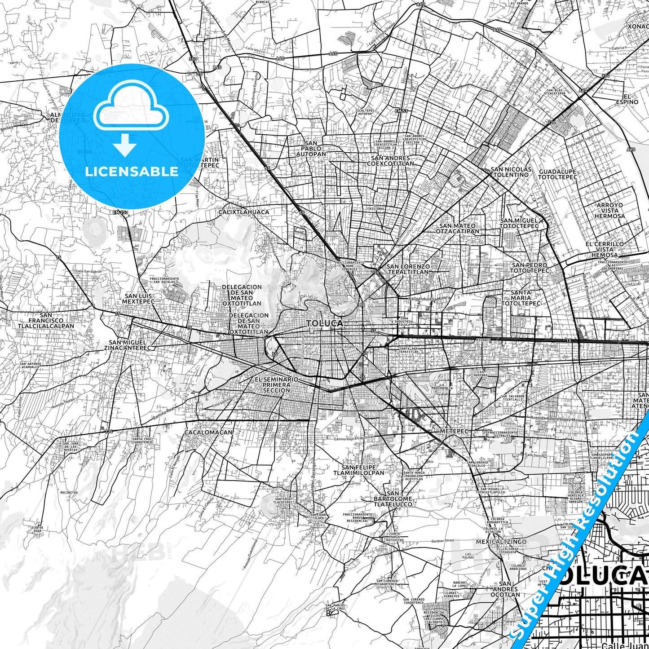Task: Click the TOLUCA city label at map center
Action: click(324, 323)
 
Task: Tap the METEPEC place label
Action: click(454, 431)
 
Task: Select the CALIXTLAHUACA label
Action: click(244, 212)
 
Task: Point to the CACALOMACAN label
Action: click(208, 433)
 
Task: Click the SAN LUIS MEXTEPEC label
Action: click(139, 299)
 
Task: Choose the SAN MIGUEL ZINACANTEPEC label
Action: click(128, 345)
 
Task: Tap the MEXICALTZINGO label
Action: click(501, 542)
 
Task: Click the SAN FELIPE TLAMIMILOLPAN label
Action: click(358, 470)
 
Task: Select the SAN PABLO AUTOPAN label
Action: click(311, 149)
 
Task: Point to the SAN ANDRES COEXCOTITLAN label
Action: click(390, 161)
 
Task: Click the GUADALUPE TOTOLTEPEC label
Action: click(557, 174)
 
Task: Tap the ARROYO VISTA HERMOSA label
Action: click(609, 210)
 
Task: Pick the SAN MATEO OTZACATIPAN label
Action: click(457, 229)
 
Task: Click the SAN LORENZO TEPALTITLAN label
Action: click(408, 269)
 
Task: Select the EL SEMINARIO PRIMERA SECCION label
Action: click(276, 385)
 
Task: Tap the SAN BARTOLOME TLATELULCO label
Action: click(393, 499)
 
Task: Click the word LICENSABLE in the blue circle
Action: click(131, 172)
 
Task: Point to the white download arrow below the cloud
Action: click(125, 146)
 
